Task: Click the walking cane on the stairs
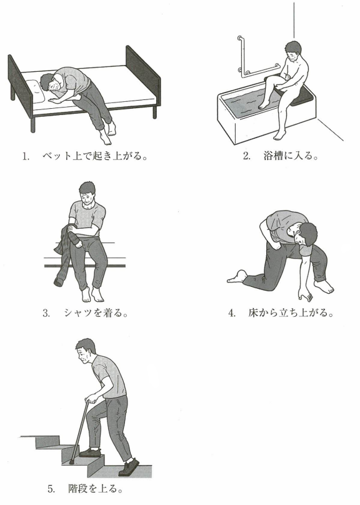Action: [80, 428]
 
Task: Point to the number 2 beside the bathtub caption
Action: [246, 157]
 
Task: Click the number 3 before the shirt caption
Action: [46, 313]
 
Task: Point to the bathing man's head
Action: [294, 51]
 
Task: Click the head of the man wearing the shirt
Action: [87, 193]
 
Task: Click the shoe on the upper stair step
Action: [91, 451]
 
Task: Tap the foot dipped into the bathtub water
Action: [263, 104]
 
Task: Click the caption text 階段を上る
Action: [96, 489]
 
